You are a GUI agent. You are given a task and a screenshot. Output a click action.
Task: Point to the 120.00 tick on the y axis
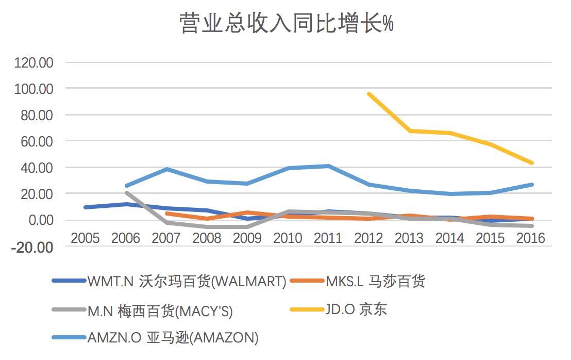coord(35,63)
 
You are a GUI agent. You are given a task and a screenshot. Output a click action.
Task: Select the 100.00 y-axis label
coord(35,89)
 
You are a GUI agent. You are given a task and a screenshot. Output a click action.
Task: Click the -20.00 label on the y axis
coord(35,247)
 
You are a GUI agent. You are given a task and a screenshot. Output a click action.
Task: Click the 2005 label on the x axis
coord(85,238)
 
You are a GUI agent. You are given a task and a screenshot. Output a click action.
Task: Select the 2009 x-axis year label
coord(247,238)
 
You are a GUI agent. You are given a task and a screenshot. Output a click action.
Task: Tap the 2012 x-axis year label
coord(369,238)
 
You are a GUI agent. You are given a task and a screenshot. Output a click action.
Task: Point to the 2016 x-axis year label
coord(531,238)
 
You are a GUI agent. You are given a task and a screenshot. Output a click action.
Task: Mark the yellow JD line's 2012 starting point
coord(369,94)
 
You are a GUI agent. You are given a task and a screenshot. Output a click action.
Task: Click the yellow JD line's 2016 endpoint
coord(531,163)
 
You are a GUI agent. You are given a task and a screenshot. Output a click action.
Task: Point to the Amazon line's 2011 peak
coord(328,166)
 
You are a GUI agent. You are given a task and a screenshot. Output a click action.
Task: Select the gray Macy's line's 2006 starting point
coord(126,193)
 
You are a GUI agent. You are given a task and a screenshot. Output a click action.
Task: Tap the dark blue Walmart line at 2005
coord(86,207)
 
